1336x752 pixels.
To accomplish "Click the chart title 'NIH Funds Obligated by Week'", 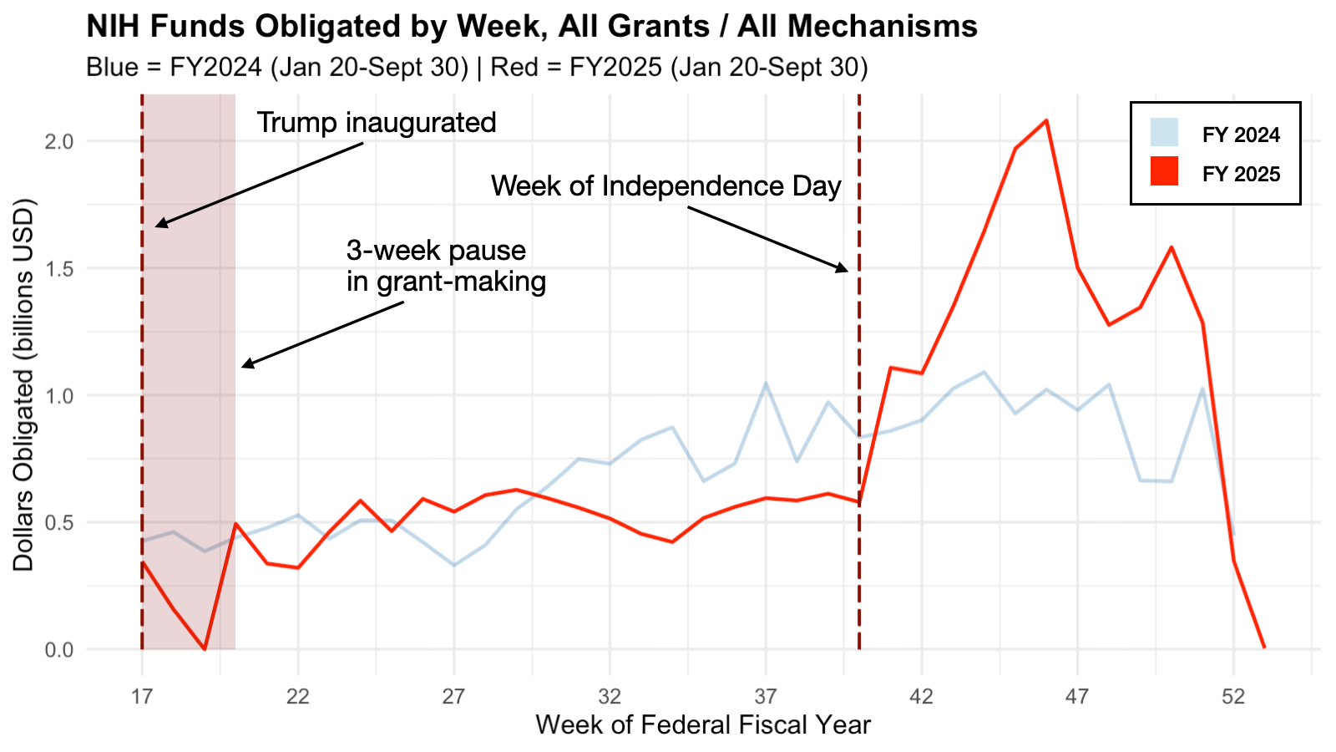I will coord(531,27).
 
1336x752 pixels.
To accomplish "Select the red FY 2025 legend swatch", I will coord(1164,171).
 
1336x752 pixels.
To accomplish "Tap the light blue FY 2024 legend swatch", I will coord(1164,132).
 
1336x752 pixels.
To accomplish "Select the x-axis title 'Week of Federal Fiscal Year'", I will coord(703,724).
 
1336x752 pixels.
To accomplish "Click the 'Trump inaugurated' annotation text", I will coord(377,123).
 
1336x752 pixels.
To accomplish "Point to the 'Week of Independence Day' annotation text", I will coord(665,185).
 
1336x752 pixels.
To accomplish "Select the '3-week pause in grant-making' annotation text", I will coord(446,266).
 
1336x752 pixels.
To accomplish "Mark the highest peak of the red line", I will coord(1046,120).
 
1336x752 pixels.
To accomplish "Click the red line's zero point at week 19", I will coord(205,648).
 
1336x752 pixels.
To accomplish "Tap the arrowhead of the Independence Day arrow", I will coord(844,269).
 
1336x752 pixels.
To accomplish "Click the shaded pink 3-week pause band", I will coord(189,418).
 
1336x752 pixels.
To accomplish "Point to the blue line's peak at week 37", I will coord(766,384).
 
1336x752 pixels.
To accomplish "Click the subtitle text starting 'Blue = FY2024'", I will coord(477,67).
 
